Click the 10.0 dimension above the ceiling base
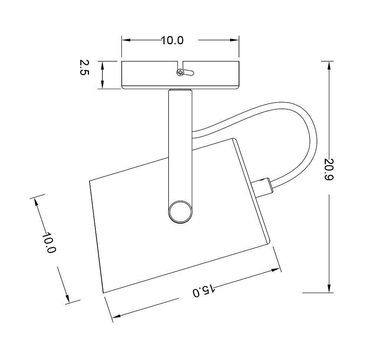[173, 40]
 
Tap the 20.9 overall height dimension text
[330, 169]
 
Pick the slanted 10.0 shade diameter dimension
[49, 243]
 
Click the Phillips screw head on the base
[180, 72]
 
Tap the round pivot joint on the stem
[180, 212]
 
